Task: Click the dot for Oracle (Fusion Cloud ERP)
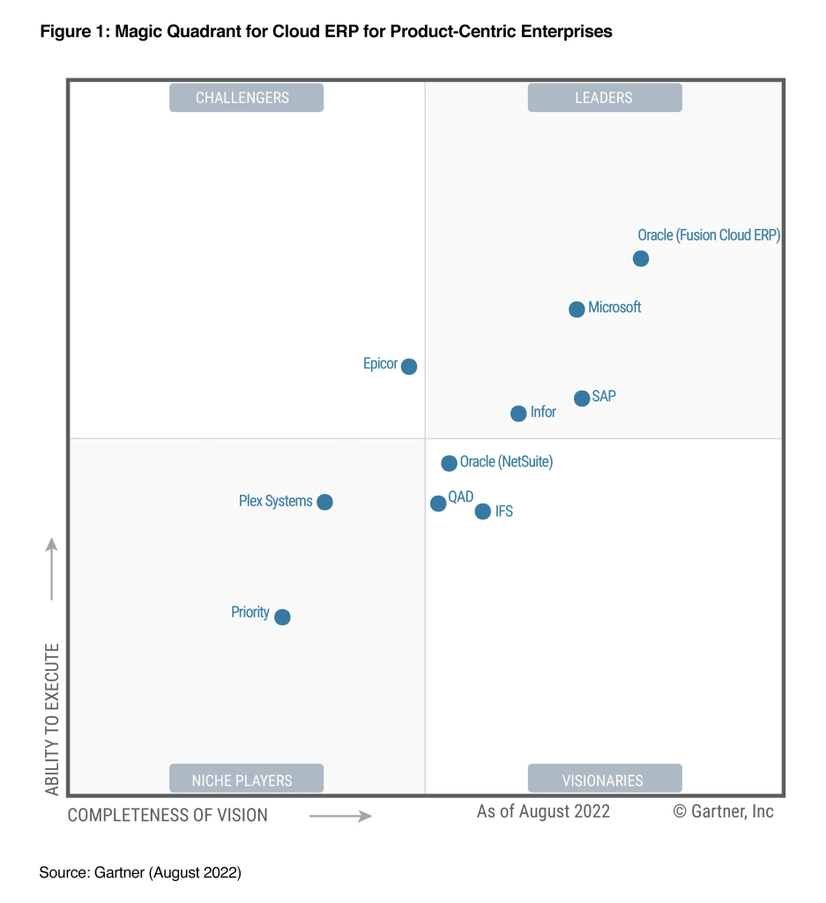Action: (x=641, y=258)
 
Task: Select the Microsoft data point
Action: (x=577, y=310)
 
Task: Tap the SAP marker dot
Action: (x=582, y=399)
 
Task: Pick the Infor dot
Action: (x=518, y=414)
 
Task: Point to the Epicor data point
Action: (x=409, y=366)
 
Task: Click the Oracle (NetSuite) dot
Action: (x=449, y=463)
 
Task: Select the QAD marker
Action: (x=438, y=504)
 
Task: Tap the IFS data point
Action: (x=482, y=511)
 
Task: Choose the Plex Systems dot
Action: (x=324, y=502)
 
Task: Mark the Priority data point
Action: (x=282, y=617)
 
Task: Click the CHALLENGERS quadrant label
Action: (x=246, y=97)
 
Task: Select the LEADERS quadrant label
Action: (x=604, y=97)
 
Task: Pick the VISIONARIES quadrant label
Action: (x=604, y=780)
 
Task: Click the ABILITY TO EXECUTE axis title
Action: (x=52, y=719)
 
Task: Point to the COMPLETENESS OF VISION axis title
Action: (x=167, y=816)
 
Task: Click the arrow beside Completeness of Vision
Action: (x=340, y=817)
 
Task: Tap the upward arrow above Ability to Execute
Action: (x=52, y=569)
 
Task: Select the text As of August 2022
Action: (x=543, y=811)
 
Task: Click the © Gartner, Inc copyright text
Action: (x=723, y=811)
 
